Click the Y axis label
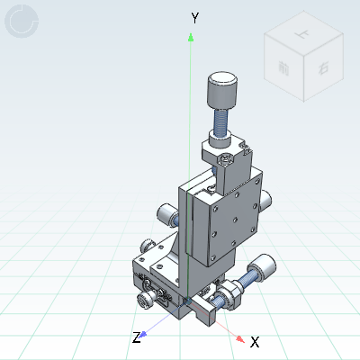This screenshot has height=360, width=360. (194, 17)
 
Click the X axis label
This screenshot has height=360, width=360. (255, 342)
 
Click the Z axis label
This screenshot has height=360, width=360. (137, 337)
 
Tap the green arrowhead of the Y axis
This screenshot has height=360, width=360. (190, 37)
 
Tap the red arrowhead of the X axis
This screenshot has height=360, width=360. (240, 339)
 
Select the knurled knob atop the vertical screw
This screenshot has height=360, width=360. (223, 89)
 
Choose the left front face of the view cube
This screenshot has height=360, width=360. (285, 71)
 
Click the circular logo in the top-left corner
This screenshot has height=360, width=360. (22, 22)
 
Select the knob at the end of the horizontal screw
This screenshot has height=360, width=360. (263, 269)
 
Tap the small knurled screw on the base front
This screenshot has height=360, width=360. (144, 299)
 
